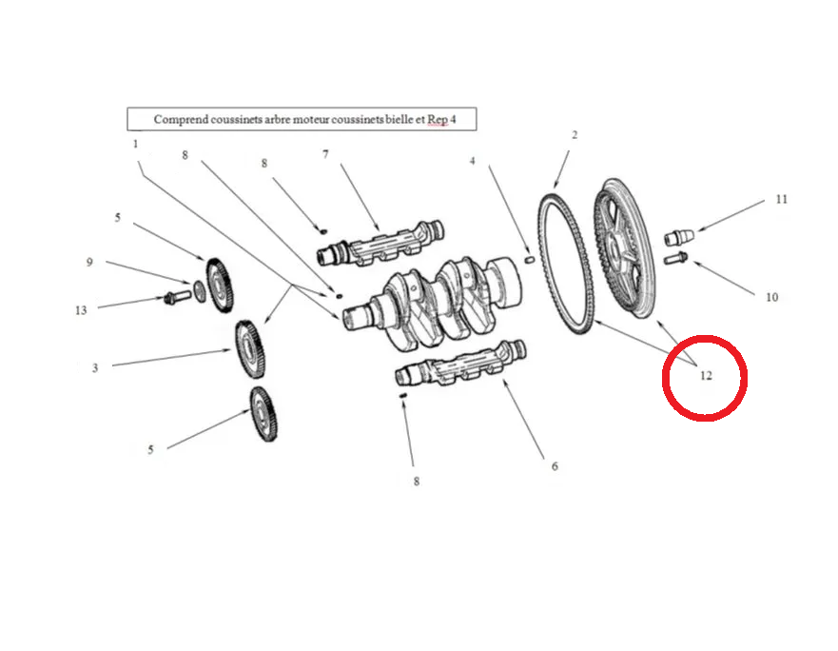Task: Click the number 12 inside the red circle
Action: click(x=706, y=376)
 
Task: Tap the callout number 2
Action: click(x=575, y=135)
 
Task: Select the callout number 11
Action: click(x=781, y=199)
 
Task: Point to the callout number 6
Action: click(x=555, y=466)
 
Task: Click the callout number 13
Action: click(x=81, y=310)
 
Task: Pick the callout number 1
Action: click(x=135, y=144)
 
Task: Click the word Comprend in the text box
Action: click(x=181, y=119)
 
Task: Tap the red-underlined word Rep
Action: click(x=438, y=119)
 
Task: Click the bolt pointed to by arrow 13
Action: click(x=178, y=296)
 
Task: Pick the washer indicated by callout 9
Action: click(x=200, y=291)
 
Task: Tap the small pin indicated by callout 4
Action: click(x=530, y=260)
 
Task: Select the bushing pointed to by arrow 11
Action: click(x=679, y=236)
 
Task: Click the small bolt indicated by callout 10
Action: click(x=675, y=258)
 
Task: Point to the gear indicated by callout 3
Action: click(x=249, y=348)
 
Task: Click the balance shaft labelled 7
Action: click(x=380, y=244)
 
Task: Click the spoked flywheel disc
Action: click(x=625, y=248)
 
